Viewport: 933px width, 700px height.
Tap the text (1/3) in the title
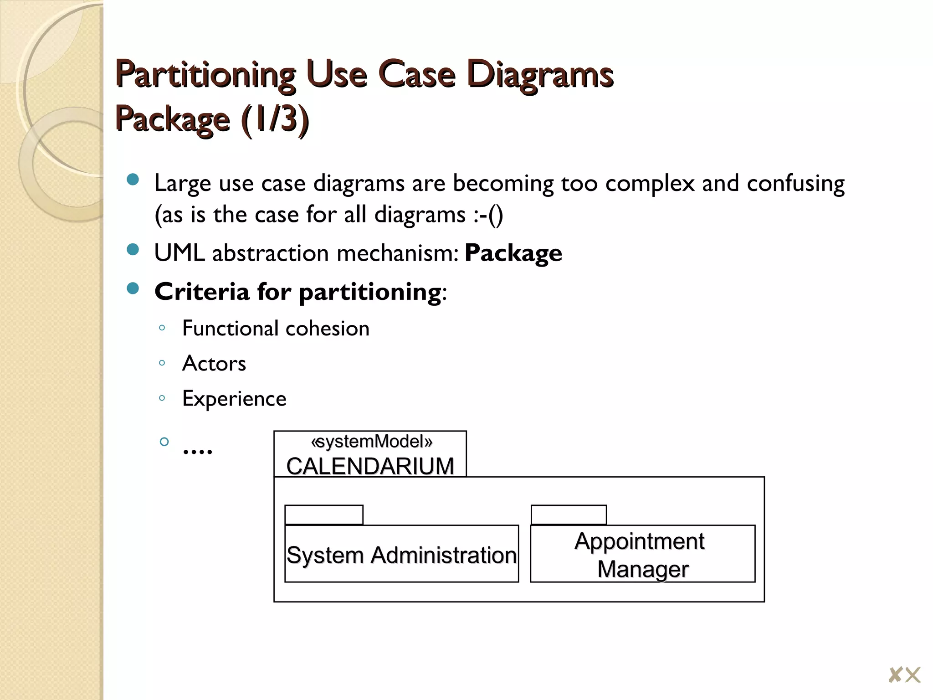point(275,119)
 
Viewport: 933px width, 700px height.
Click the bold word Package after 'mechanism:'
point(513,253)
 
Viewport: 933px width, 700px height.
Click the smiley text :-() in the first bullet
point(488,215)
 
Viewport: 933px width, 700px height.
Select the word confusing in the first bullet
point(795,183)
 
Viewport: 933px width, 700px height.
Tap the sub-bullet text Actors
point(214,364)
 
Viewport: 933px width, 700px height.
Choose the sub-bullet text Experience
point(234,399)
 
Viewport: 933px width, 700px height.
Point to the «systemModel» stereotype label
point(371,442)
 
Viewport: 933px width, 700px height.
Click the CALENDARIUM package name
point(370,466)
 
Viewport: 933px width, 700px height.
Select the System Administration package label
point(401,555)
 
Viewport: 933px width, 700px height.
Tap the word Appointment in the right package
point(640,541)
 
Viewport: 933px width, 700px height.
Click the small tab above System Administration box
point(324,515)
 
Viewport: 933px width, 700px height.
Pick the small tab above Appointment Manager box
point(569,515)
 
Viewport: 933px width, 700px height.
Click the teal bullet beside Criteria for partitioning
point(133,288)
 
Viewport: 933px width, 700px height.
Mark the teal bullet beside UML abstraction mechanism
point(133,250)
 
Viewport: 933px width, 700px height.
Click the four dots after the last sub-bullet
point(197,451)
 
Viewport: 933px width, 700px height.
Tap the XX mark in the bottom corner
point(905,675)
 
